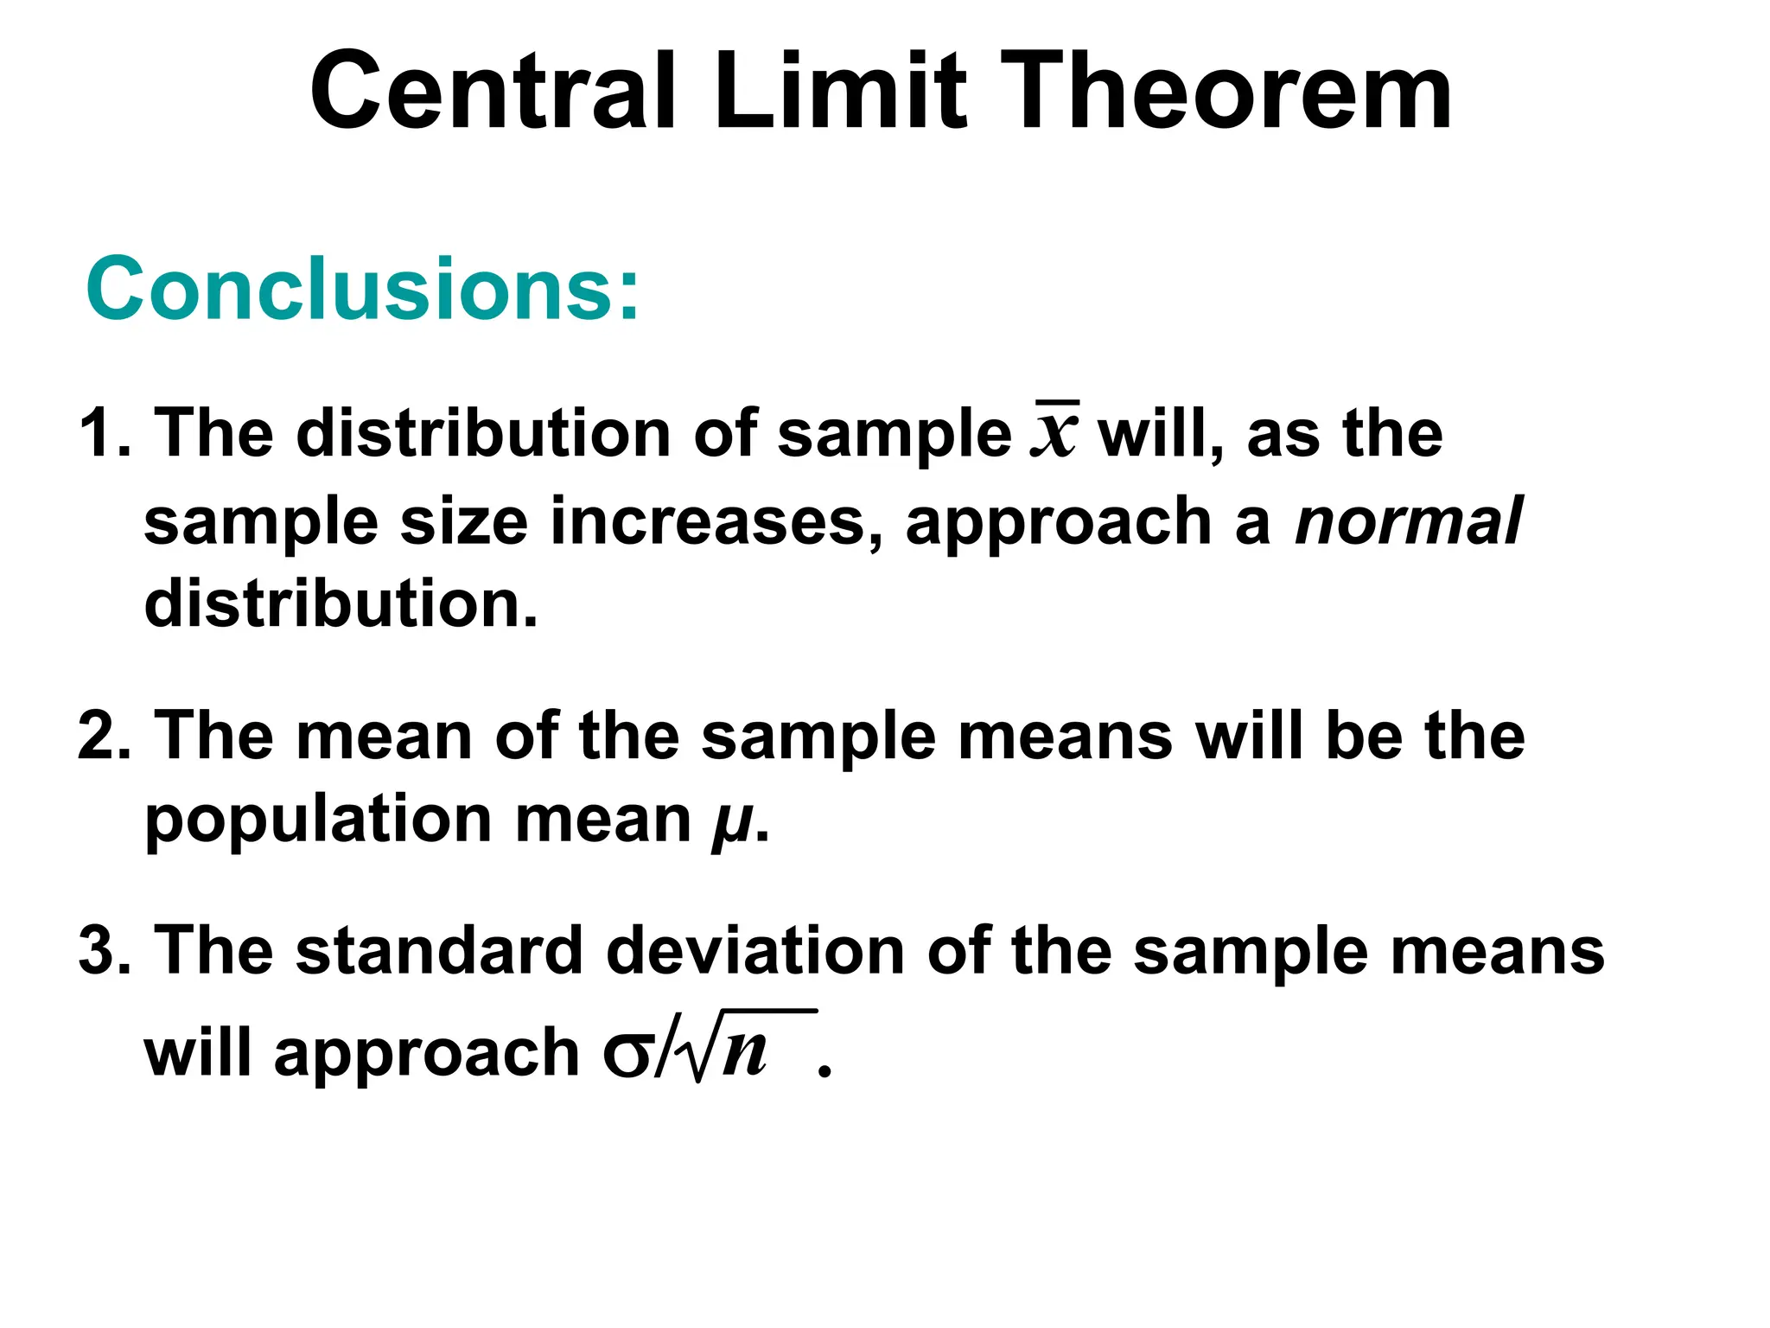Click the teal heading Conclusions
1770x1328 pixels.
[x=363, y=289]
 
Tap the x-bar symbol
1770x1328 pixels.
[x=1054, y=432]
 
